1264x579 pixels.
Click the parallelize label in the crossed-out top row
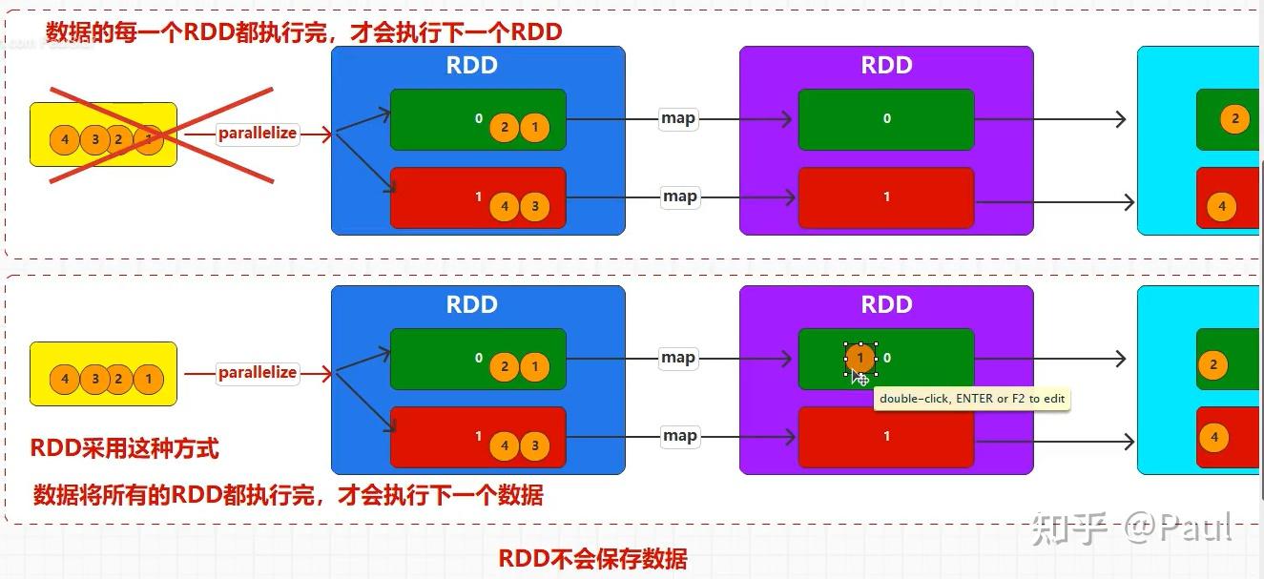tap(257, 134)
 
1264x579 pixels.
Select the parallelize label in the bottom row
tap(257, 373)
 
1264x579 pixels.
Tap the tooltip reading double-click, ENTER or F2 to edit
tap(972, 399)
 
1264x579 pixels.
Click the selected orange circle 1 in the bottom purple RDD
tap(860, 359)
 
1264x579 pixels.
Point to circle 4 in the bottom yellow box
tap(65, 379)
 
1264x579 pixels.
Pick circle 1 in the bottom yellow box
tap(148, 379)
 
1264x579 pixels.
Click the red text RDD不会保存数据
tap(591, 559)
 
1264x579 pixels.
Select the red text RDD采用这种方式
tap(125, 448)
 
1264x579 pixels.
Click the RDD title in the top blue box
tap(472, 66)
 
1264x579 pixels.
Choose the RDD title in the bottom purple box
tap(886, 305)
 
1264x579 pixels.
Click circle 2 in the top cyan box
tap(1234, 119)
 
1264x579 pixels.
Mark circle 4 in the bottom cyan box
tap(1214, 439)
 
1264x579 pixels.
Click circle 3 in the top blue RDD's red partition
tap(535, 206)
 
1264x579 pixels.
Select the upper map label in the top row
tap(678, 118)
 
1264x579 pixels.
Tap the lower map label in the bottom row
tap(679, 436)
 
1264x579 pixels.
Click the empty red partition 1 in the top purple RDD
tap(886, 197)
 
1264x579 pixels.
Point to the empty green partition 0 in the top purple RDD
tap(886, 119)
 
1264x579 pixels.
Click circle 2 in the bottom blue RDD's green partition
tap(504, 367)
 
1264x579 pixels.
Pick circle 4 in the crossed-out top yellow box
tap(65, 139)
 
